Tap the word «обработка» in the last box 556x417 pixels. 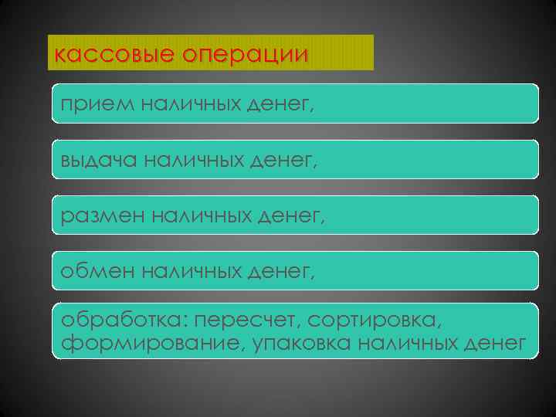124,320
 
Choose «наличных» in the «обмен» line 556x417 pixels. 197,271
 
